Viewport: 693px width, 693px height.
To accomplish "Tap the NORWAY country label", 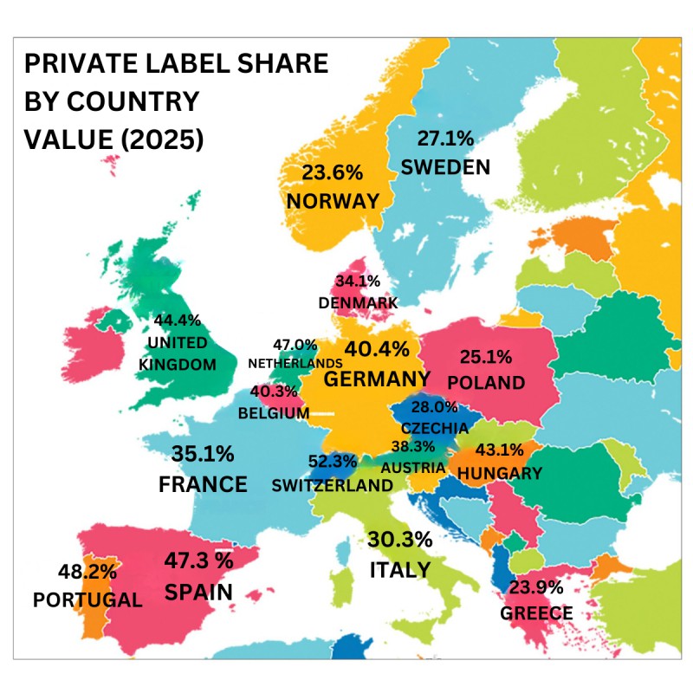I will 334,201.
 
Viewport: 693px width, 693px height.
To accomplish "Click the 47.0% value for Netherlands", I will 295,346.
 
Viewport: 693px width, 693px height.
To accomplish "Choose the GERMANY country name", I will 377,379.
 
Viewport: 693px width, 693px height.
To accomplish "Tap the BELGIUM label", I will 274,413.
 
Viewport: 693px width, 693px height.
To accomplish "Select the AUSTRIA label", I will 413,467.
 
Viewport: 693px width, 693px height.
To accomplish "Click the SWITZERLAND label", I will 332,485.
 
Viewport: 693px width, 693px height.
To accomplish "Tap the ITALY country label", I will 399,569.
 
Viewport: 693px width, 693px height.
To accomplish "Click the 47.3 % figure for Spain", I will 198,560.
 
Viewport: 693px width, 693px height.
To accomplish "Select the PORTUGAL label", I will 87,599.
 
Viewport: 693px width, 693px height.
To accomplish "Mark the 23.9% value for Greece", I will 536,586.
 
